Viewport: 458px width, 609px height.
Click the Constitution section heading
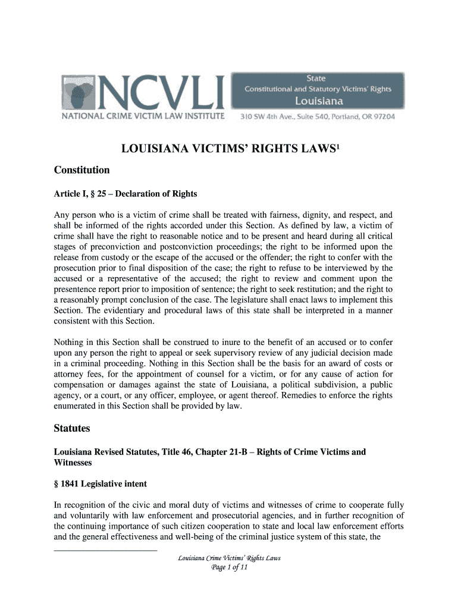[x=82, y=170]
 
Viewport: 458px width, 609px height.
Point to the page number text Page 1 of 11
[x=229, y=568]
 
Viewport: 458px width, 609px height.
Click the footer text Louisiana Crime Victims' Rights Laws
[x=229, y=558]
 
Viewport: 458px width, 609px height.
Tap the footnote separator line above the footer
[x=106, y=550]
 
